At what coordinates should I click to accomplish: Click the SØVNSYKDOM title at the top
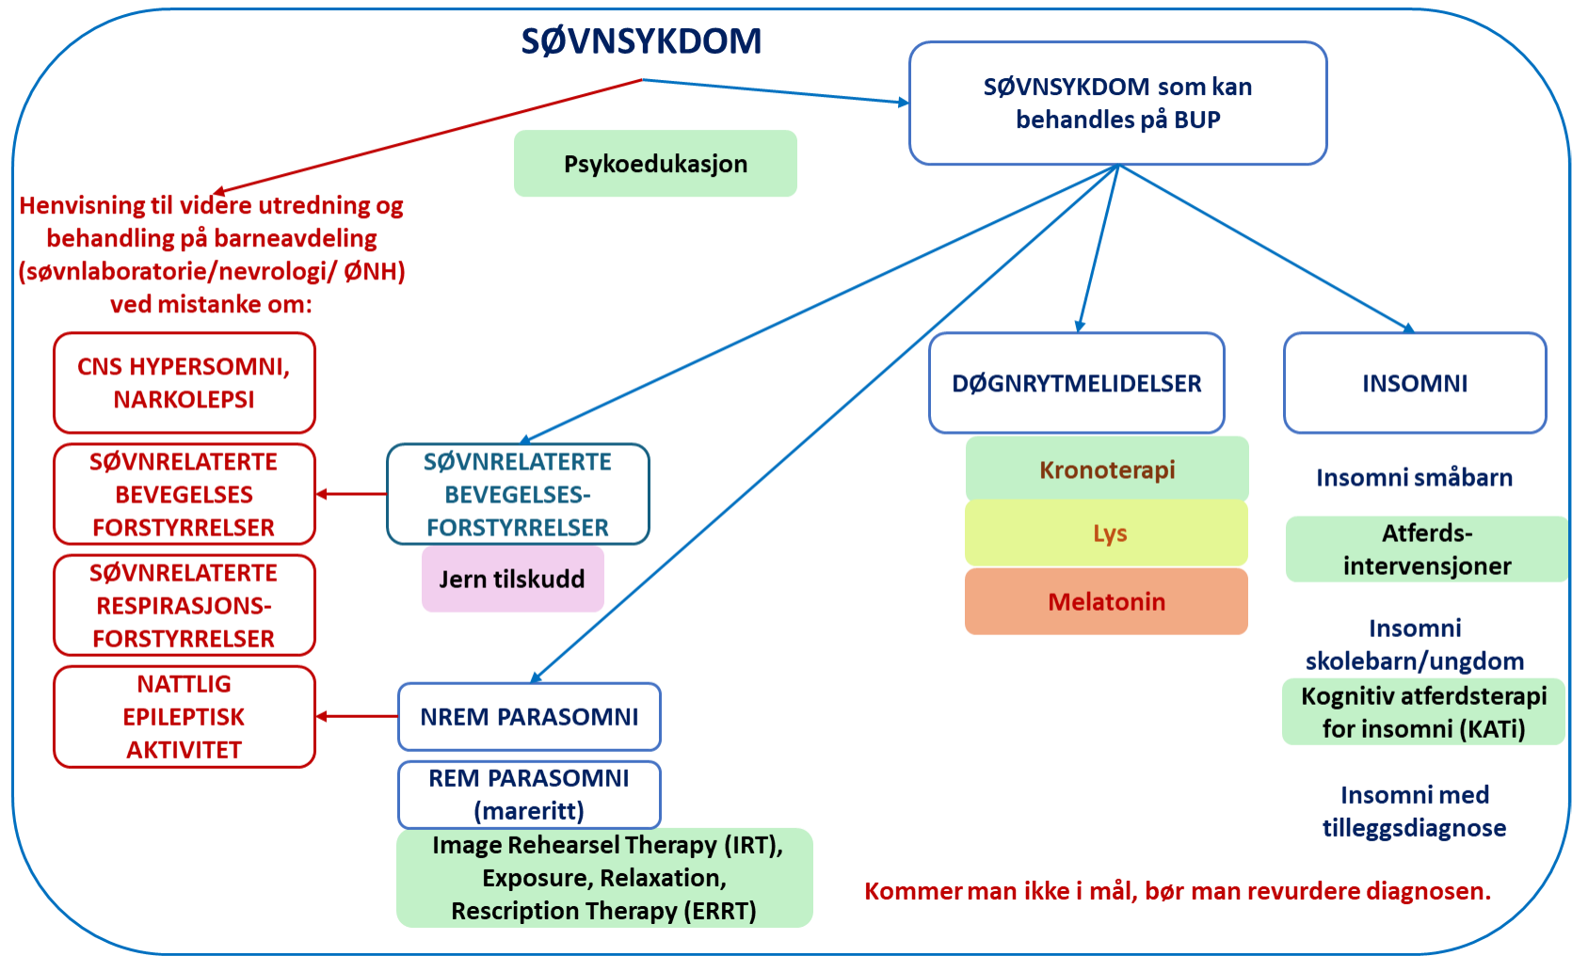click(x=641, y=41)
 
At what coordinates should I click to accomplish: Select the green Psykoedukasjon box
click(x=655, y=164)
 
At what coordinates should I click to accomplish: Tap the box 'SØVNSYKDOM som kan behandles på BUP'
click(x=1117, y=104)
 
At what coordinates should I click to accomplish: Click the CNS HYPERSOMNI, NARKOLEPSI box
click(x=184, y=383)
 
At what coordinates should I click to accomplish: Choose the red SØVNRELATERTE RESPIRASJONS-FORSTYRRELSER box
click(x=184, y=605)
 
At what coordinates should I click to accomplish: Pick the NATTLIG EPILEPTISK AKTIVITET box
click(x=184, y=717)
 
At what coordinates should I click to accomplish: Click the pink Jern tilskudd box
click(x=512, y=579)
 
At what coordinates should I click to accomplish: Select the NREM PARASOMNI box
click(x=529, y=717)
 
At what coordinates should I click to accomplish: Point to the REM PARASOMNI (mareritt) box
click(x=529, y=794)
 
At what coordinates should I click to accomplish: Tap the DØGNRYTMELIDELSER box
click(x=1076, y=383)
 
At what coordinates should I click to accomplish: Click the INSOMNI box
click(x=1414, y=383)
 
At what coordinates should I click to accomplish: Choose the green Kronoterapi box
click(x=1107, y=469)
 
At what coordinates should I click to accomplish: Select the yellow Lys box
click(x=1107, y=534)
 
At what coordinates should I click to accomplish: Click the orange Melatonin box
click(x=1107, y=601)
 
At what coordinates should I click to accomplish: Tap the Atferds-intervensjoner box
click(x=1426, y=549)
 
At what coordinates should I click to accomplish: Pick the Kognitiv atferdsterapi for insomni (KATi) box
click(x=1423, y=712)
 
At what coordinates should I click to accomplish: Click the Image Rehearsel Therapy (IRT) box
click(x=604, y=877)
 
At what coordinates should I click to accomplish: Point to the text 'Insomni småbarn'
click(x=1414, y=478)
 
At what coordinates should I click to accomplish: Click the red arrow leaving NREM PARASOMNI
click(x=358, y=716)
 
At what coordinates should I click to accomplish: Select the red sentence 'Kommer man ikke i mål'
click(x=1177, y=890)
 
